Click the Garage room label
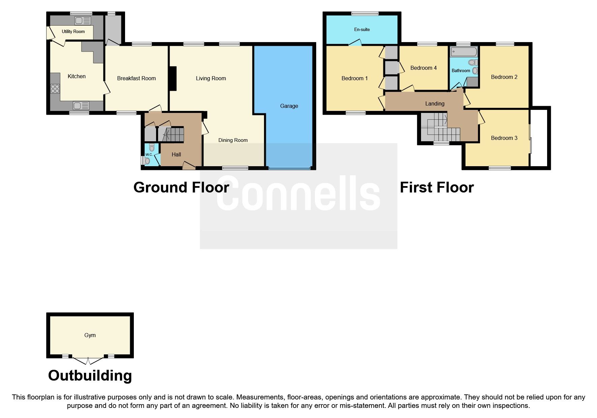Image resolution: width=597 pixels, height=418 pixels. [289, 106]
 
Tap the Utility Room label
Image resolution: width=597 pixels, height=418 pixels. [73, 31]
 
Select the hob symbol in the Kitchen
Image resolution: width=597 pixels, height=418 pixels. [55, 89]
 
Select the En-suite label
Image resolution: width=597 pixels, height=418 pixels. [362, 29]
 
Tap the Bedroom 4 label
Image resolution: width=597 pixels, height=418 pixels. [423, 68]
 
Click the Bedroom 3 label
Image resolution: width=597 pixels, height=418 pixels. [504, 138]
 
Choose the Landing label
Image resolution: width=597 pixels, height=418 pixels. [435, 103]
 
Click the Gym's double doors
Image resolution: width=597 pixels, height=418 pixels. [88, 361]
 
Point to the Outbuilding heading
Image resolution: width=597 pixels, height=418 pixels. [90, 376]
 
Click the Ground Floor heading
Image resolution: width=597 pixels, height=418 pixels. [181, 187]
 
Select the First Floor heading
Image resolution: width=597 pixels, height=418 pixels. [437, 187]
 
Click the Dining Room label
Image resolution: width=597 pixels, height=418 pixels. [233, 140]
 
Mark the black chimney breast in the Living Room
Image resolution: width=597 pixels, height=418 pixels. [173, 79]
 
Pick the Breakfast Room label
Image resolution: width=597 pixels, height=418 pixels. [136, 78]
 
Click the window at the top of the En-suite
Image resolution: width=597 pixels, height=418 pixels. [364, 14]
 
